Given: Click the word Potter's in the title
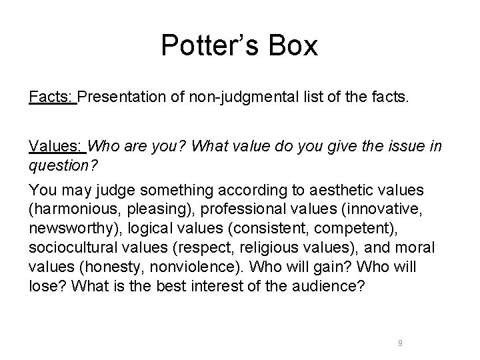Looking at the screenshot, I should tap(207, 46).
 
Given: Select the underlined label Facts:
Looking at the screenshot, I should tap(52, 97).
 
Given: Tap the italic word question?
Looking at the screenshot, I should tap(60, 163).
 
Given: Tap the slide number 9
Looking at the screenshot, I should tap(399, 343).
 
